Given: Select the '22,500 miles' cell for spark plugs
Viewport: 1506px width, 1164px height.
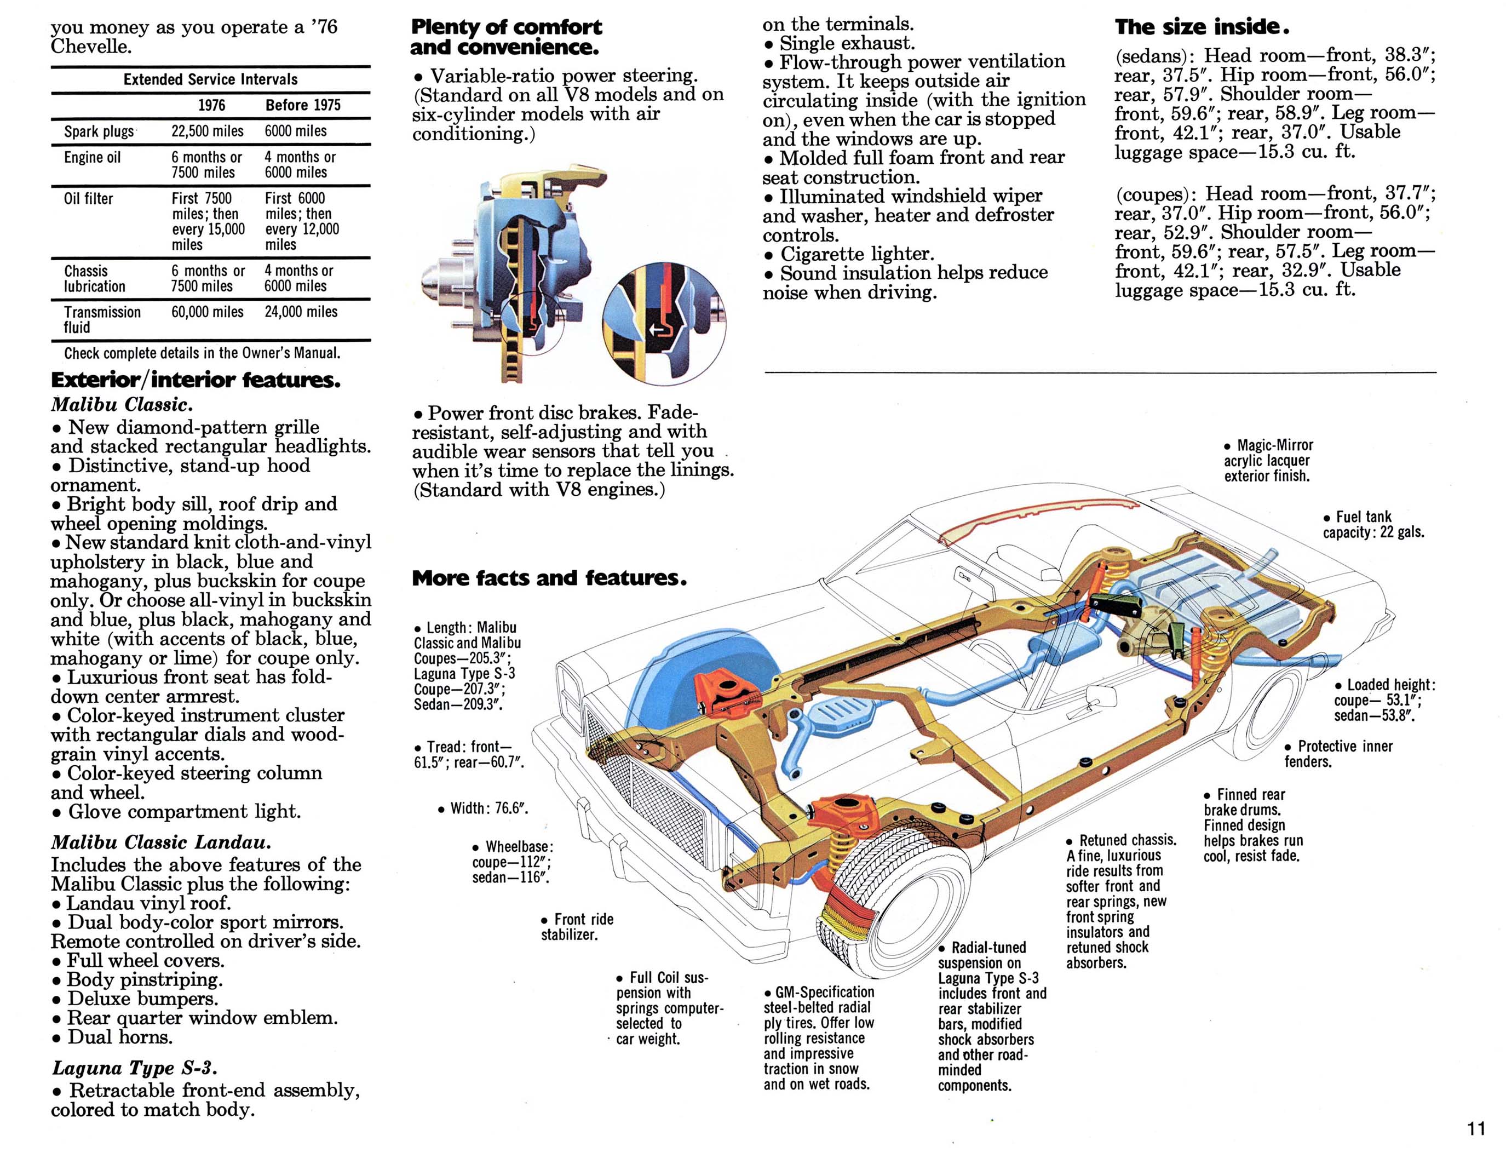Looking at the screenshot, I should pyautogui.click(x=207, y=131).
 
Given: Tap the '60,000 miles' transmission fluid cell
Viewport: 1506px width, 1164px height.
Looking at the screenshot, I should pyautogui.click(x=207, y=312).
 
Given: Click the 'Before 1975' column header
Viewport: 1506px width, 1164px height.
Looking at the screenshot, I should pyautogui.click(x=303, y=105).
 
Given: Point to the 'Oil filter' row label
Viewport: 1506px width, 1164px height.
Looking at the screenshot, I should pyautogui.click(x=88, y=199).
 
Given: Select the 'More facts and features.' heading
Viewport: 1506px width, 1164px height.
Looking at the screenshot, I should pyautogui.click(x=549, y=578).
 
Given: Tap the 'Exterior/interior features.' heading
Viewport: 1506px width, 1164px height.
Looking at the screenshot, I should pyautogui.click(x=195, y=380).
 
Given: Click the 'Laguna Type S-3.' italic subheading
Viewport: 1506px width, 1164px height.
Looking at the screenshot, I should pyautogui.click(x=135, y=1068).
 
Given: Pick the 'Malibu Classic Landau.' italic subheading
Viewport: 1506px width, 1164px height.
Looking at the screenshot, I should pyautogui.click(x=160, y=842).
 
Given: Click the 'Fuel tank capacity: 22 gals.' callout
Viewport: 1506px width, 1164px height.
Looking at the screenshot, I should pyautogui.click(x=1372, y=524).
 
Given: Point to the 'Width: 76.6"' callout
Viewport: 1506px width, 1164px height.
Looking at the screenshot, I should pyautogui.click(x=482, y=808).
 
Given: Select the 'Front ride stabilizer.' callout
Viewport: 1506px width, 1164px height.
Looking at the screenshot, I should pyautogui.click(x=577, y=927).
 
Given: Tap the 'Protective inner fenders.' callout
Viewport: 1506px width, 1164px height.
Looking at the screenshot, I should pyautogui.click(x=1338, y=754).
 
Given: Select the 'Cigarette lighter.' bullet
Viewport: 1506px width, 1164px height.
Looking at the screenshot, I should pyautogui.click(x=849, y=254).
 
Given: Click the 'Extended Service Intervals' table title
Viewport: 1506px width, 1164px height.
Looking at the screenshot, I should pyautogui.click(x=210, y=79).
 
